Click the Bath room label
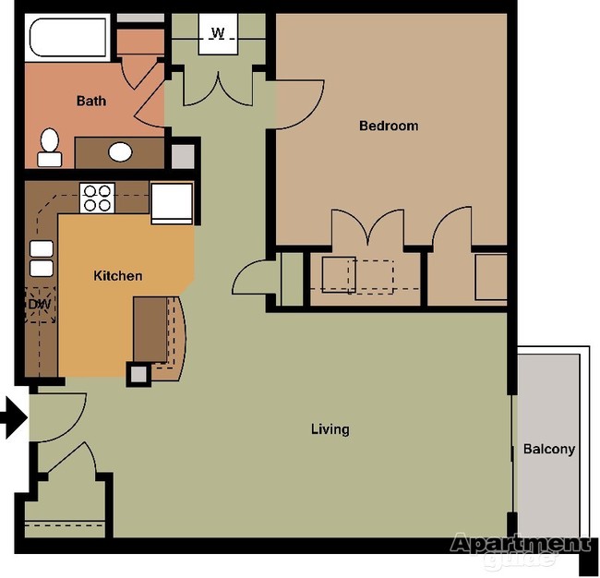click(90, 101)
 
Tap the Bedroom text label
click(389, 126)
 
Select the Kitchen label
click(118, 275)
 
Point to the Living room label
click(330, 428)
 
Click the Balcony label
click(549, 450)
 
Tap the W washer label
click(218, 33)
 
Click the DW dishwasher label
click(39, 303)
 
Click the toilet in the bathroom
click(50, 147)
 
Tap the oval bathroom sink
click(119, 151)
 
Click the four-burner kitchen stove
click(97, 198)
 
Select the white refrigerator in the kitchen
click(172, 203)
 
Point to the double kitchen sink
click(42, 258)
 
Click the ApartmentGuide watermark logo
click(520, 548)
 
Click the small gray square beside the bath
click(183, 155)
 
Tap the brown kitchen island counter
click(150, 329)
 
